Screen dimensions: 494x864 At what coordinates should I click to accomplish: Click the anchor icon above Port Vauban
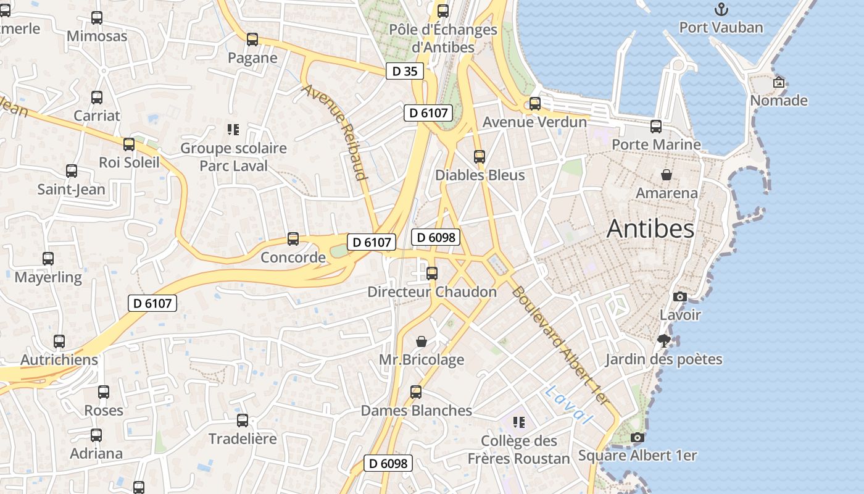[x=721, y=9]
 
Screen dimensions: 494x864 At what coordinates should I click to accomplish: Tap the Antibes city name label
[x=650, y=229]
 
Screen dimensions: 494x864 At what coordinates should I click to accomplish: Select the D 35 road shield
[x=405, y=71]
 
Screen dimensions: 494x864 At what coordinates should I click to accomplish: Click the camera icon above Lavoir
[x=680, y=296]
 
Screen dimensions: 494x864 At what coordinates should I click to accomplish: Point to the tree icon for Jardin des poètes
[x=663, y=341]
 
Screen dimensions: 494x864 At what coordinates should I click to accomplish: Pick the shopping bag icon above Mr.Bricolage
[x=422, y=341]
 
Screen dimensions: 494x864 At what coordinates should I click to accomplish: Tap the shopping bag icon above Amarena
[x=667, y=175]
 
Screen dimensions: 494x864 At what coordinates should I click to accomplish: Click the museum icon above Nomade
[x=779, y=82]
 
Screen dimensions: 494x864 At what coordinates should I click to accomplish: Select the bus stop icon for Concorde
[x=293, y=239]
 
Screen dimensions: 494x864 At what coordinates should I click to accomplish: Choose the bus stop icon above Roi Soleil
[x=129, y=144]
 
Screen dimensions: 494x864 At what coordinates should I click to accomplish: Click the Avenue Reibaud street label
[x=335, y=132]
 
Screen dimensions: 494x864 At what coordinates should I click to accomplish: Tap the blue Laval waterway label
[x=568, y=404]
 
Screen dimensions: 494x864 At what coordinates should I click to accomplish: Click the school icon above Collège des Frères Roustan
[x=519, y=422]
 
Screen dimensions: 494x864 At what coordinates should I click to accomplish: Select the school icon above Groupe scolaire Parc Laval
[x=233, y=130]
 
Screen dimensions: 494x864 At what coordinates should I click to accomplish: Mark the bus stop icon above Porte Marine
[x=656, y=127]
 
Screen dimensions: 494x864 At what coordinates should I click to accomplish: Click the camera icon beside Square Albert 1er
[x=638, y=438]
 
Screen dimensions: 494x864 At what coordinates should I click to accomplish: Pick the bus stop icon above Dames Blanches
[x=416, y=392]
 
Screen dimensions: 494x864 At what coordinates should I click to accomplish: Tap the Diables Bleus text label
[x=480, y=175]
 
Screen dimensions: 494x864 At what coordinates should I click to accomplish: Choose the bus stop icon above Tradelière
[x=243, y=421]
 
